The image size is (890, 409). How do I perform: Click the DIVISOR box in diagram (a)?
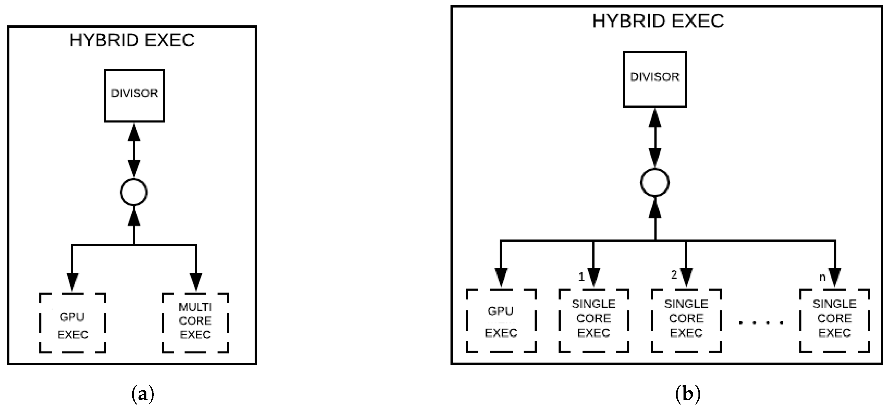pos(134,96)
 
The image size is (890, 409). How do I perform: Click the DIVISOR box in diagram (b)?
pos(654,80)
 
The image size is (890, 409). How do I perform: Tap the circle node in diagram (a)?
pos(134,192)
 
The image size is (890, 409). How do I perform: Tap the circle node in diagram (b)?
pos(655,182)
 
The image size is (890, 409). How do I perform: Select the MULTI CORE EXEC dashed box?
pos(195,323)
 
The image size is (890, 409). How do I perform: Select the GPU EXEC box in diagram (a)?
pos(72,323)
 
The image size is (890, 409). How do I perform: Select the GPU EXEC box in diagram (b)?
pos(501,320)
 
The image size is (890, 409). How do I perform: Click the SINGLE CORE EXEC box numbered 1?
pos(594,320)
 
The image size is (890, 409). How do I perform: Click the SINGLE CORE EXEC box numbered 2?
pos(686,320)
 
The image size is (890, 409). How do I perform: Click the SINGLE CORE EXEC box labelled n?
pos(834,320)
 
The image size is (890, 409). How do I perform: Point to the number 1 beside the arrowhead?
pos(581,277)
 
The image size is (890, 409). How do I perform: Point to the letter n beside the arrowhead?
pos(823,277)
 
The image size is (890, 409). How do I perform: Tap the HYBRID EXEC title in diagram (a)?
pos(132,40)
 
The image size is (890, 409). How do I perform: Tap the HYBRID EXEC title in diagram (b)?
pos(658,21)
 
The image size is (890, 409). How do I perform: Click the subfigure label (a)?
pos(143,394)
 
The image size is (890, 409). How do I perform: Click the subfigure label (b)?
pos(687,394)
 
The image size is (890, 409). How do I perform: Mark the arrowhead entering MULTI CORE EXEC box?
pos(196,282)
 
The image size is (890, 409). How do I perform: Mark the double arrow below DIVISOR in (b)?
pos(655,138)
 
